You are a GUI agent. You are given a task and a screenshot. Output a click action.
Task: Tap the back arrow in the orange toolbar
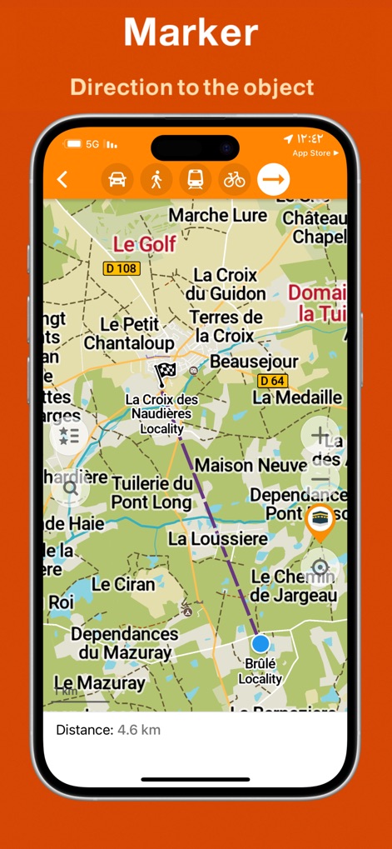click(62, 179)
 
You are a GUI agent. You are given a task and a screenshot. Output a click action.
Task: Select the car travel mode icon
click(117, 179)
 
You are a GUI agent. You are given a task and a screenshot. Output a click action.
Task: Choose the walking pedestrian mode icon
click(156, 179)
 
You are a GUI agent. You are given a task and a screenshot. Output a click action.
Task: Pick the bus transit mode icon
click(195, 179)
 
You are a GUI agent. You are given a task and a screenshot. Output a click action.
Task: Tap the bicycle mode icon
click(235, 179)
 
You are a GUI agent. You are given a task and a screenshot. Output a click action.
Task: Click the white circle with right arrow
click(274, 179)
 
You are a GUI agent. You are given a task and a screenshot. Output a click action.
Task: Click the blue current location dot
click(261, 643)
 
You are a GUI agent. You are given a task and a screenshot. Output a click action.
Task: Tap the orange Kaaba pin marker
click(320, 522)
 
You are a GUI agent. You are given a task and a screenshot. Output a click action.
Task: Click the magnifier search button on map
click(70, 488)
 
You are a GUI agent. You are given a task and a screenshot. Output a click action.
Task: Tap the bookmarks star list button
click(69, 435)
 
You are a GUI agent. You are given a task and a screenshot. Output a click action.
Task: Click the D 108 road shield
click(121, 268)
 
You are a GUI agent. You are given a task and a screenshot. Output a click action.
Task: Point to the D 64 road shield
click(272, 381)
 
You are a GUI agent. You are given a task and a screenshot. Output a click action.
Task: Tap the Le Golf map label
click(145, 244)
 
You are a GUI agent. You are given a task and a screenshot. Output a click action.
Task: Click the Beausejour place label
click(254, 362)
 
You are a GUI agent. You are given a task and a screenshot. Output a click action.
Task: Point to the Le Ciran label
click(123, 584)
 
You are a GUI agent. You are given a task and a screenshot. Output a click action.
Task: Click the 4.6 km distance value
click(139, 730)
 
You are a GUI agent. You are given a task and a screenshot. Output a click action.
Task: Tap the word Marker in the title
click(191, 32)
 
